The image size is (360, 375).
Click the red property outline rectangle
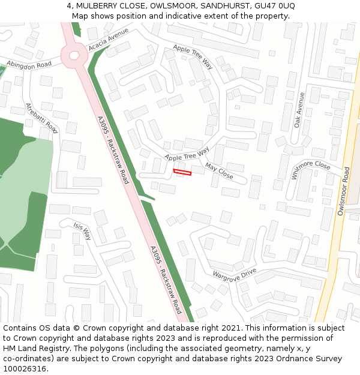(x=182, y=173)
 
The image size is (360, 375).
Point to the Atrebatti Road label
(x=41, y=118)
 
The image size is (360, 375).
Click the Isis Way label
(x=82, y=230)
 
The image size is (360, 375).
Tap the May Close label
(x=219, y=170)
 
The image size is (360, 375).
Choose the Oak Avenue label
(x=299, y=110)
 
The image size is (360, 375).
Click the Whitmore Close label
(x=310, y=169)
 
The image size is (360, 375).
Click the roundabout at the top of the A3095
(x=74, y=55)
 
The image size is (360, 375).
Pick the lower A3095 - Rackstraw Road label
(x=166, y=280)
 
